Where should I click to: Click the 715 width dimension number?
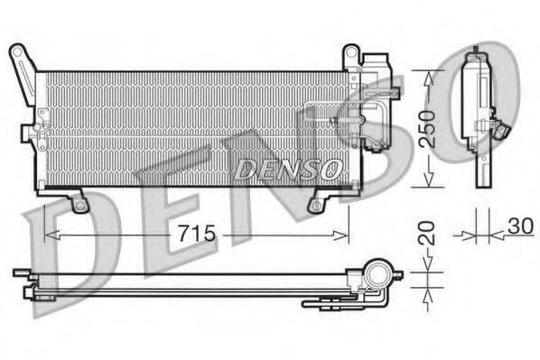tap(195, 234)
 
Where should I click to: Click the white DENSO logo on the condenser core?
tap(288, 168)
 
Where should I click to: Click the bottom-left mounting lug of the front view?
tap(79, 205)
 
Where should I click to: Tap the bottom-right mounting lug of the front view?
tap(315, 205)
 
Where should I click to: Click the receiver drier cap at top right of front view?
tap(375, 64)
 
